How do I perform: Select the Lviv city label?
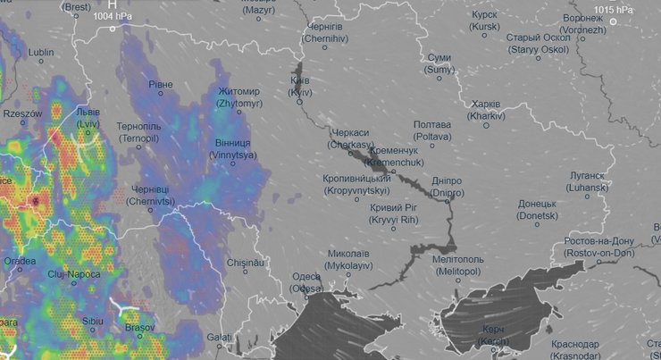point(88,120)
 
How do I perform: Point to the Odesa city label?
point(305,283)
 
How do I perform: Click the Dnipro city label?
point(447,186)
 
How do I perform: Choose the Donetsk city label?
point(538,210)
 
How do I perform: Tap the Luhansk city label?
point(586,182)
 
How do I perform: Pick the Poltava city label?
point(432,130)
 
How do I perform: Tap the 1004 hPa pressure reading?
point(113,16)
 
